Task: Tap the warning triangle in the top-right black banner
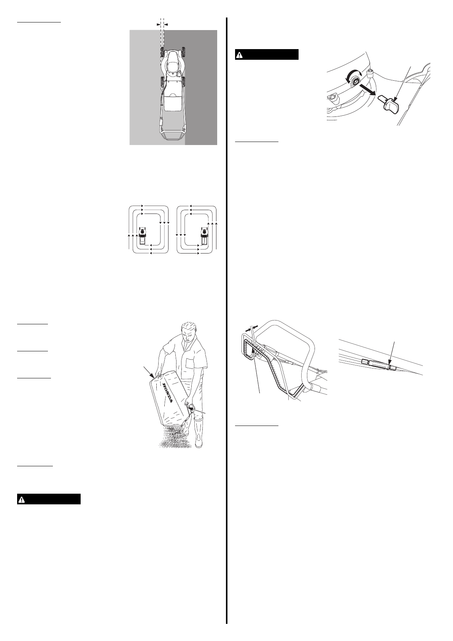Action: point(239,55)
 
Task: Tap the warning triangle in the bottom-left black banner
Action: point(21,499)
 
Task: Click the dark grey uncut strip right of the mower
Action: point(202,88)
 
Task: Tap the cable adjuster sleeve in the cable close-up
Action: point(378,364)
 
